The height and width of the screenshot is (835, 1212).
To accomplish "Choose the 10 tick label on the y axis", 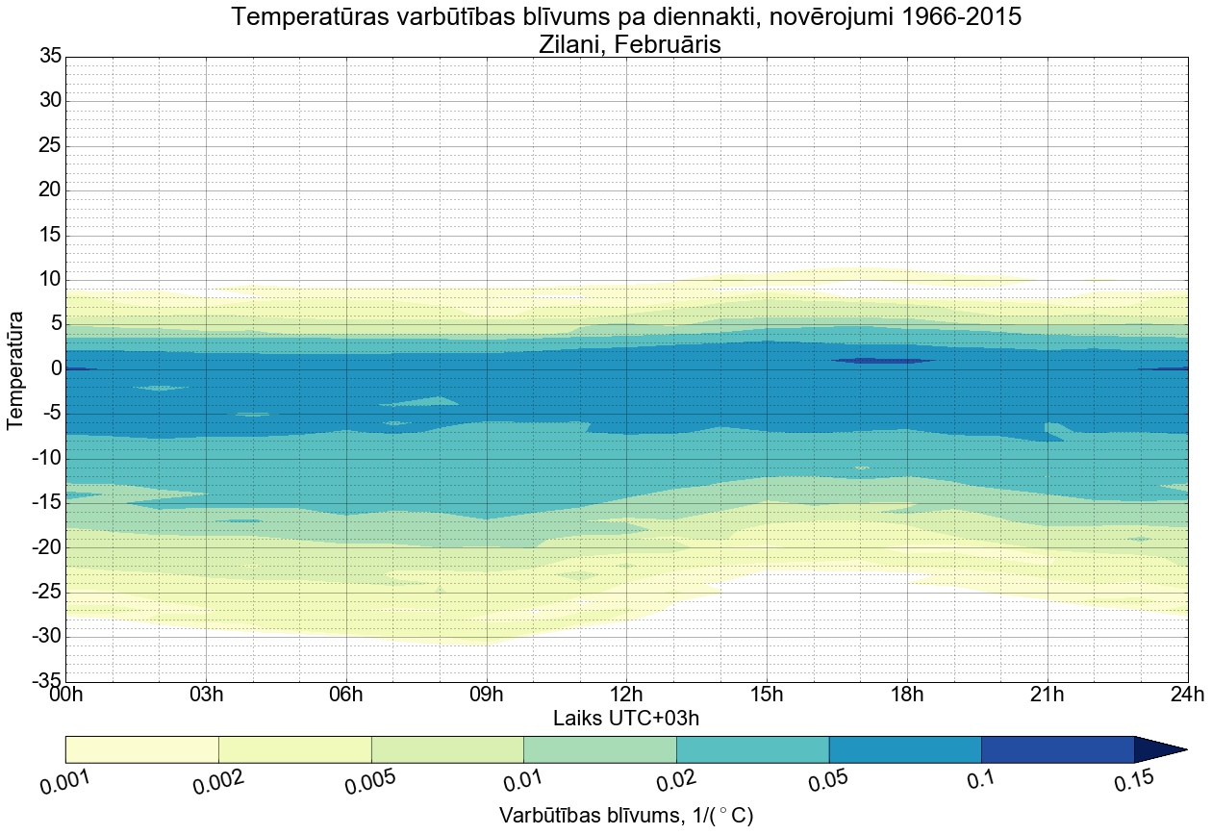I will click(x=50, y=279).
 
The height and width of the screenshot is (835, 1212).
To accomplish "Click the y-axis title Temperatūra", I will click(x=15, y=369).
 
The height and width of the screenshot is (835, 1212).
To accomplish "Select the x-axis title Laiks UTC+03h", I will click(x=625, y=719).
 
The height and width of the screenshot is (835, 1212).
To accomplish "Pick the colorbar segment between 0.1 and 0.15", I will click(x=1057, y=749).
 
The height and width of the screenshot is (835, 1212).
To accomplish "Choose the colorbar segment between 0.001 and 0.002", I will click(x=141, y=749).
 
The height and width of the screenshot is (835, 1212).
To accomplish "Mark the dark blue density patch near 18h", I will click(x=884, y=361).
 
